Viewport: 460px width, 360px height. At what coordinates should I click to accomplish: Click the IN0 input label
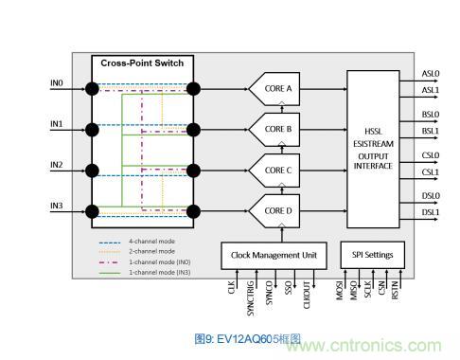tap(56, 83)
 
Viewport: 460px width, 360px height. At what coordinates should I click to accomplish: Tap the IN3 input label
tap(56, 205)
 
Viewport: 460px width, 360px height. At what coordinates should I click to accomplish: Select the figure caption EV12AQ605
tap(234, 338)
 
